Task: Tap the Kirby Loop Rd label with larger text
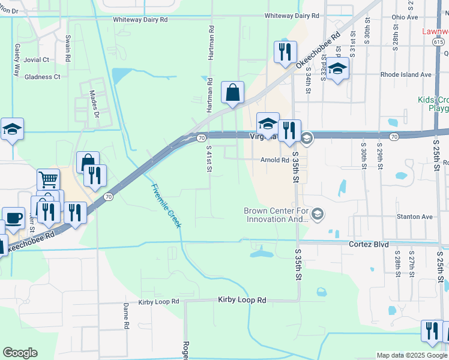pyautogui.click(x=242, y=299)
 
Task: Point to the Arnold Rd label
pyautogui.click(x=275, y=160)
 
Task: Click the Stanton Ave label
pyautogui.click(x=414, y=217)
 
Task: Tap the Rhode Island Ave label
pyautogui.click(x=406, y=75)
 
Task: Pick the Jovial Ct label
pyautogui.click(x=37, y=60)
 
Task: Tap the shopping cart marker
pyautogui.click(x=48, y=179)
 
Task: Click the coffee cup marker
pyautogui.click(x=13, y=217)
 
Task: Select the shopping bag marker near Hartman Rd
pyautogui.click(x=232, y=92)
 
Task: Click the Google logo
pyautogui.click(x=20, y=353)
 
